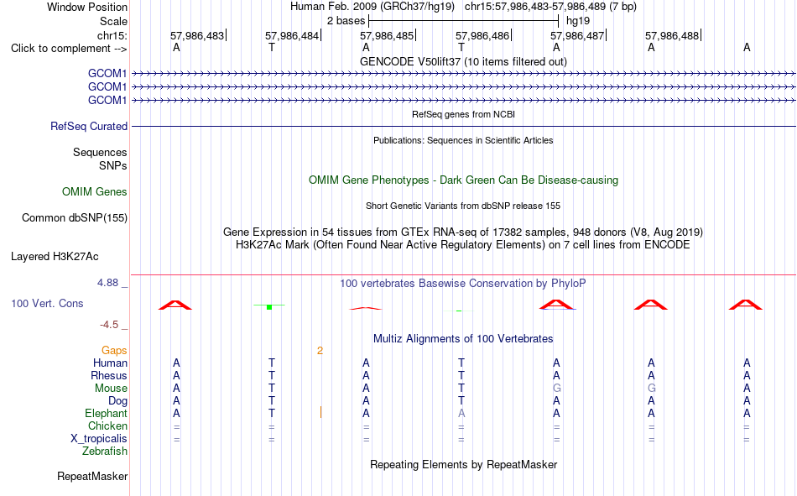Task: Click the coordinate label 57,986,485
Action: pyautogui.click(x=388, y=35)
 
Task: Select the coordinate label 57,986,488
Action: pyautogui.click(x=673, y=35)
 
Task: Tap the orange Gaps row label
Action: pyautogui.click(x=114, y=351)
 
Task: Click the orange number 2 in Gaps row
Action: pyautogui.click(x=320, y=351)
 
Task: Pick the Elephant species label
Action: pyautogui.click(x=106, y=414)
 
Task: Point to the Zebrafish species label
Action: pyautogui.click(x=105, y=452)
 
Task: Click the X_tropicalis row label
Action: pyautogui.click(x=99, y=439)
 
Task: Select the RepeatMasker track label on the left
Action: pyautogui.click(x=92, y=476)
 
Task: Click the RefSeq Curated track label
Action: pyautogui.click(x=89, y=126)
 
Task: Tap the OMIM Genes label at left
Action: pyautogui.click(x=95, y=192)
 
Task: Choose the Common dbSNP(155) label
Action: pyautogui.click(x=75, y=217)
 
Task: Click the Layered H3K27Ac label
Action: pyautogui.click(x=55, y=257)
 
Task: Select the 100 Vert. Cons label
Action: pyautogui.click(x=47, y=304)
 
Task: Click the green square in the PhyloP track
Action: pyautogui.click(x=269, y=307)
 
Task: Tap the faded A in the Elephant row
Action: pyautogui.click(x=461, y=414)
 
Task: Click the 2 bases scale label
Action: pyautogui.click(x=346, y=21)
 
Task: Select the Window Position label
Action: pyautogui.click(x=87, y=7)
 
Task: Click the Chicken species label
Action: pyautogui.click(x=107, y=426)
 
